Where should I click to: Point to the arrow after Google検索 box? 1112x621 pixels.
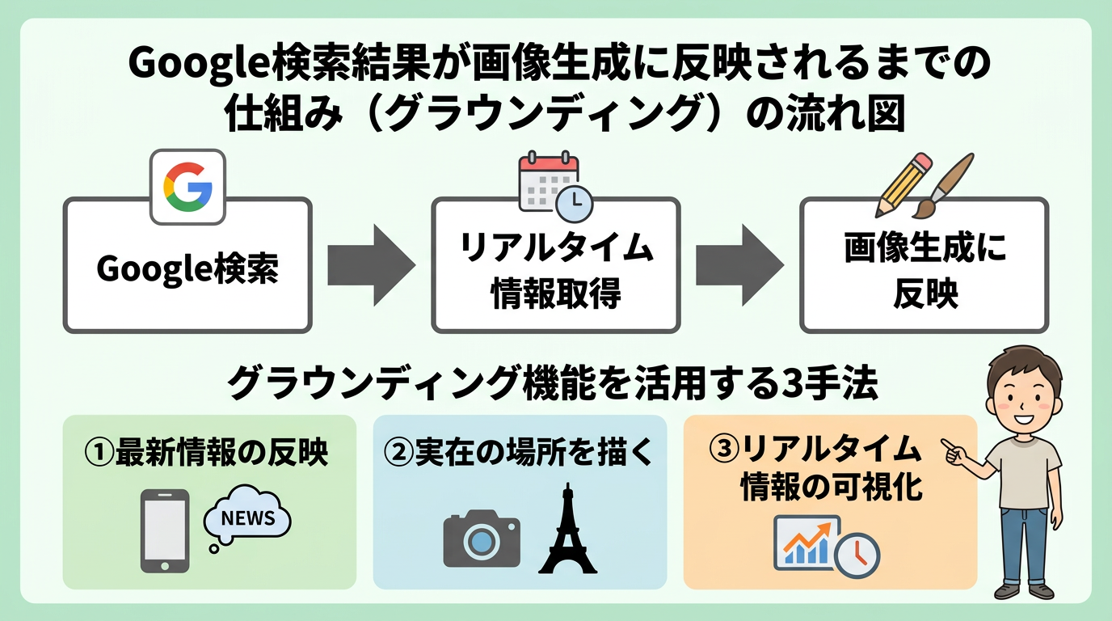point(370,264)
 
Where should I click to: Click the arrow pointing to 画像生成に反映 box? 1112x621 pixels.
point(739,264)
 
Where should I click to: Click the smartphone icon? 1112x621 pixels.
point(165,530)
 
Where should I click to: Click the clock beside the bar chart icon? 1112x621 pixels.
point(856,556)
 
